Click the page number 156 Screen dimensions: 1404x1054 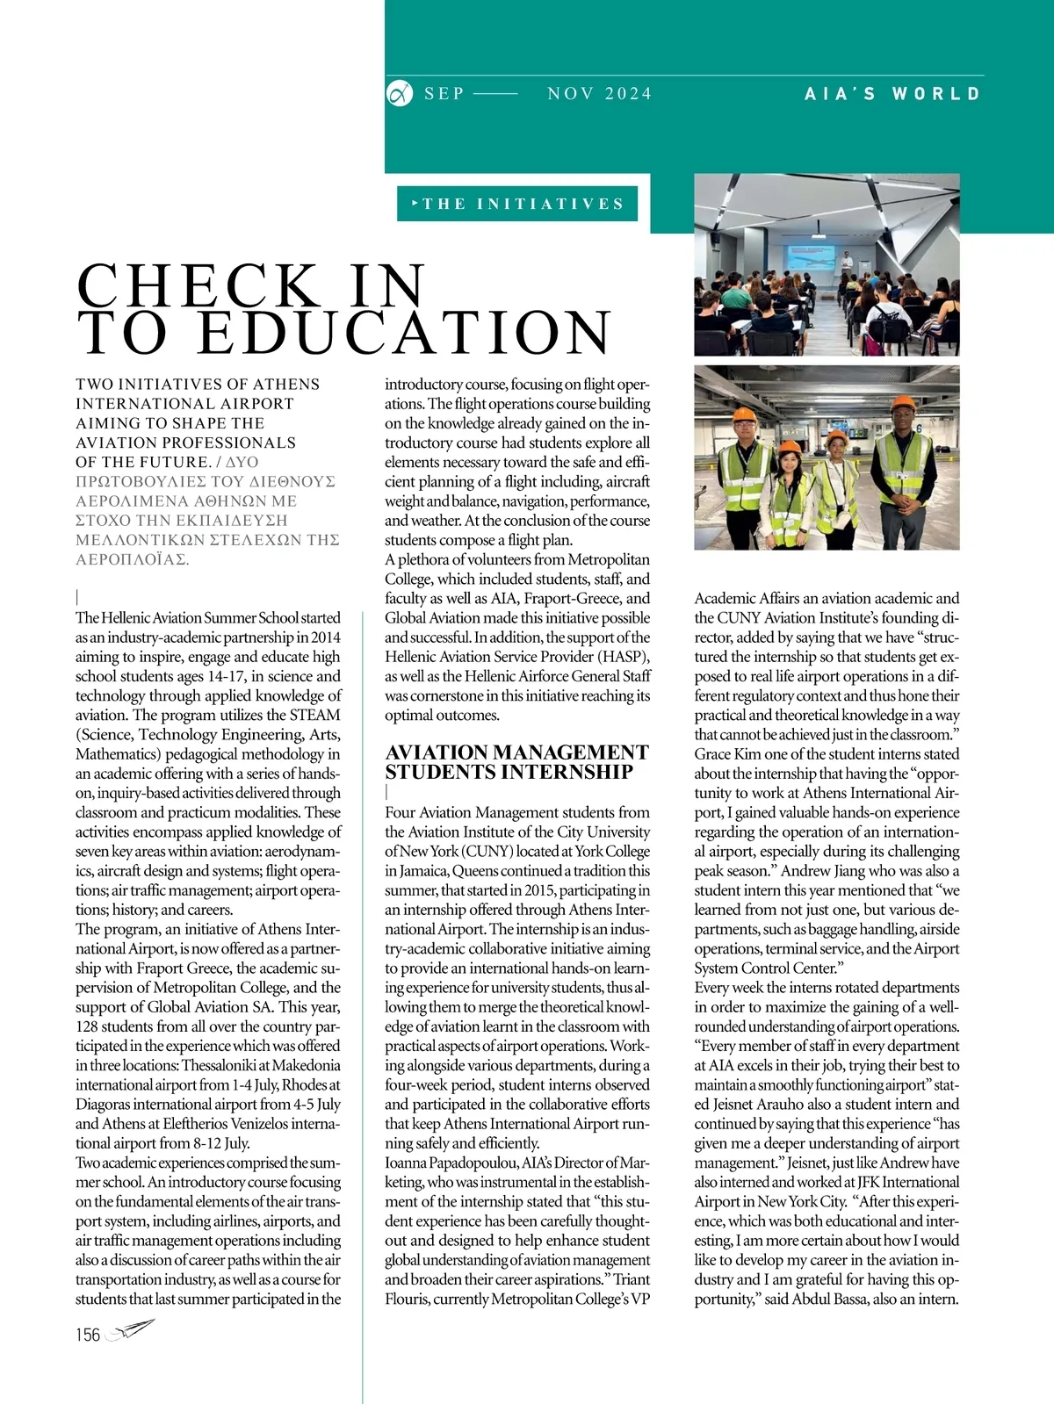click(x=88, y=1335)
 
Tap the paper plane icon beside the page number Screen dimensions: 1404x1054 click(x=130, y=1331)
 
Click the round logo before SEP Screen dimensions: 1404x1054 click(x=400, y=93)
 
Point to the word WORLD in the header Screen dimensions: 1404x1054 click(x=936, y=94)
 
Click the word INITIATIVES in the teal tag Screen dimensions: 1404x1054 click(x=550, y=204)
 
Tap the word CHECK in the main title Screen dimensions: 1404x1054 click(x=199, y=286)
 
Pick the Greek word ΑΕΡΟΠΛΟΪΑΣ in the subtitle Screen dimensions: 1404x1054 click(x=132, y=559)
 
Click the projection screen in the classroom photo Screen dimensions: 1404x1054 click(x=812, y=257)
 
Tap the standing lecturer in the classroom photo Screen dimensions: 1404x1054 click(x=845, y=266)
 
